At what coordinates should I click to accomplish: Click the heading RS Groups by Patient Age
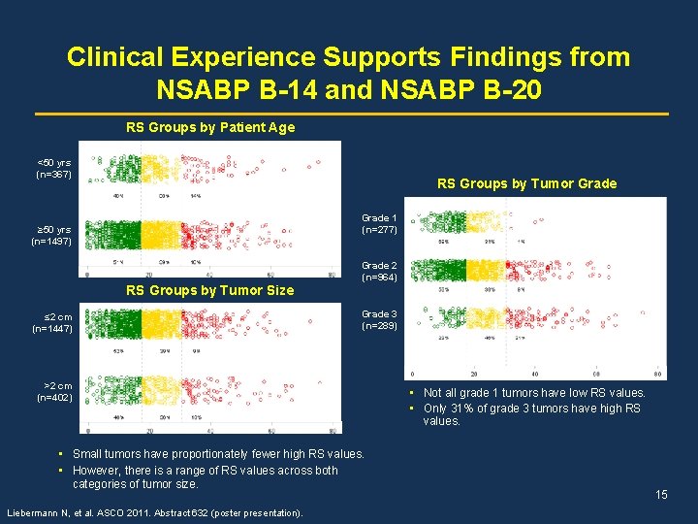pyautogui.click(x=210, y=127)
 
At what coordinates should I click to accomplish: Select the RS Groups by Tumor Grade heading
pyautogui.click(x=526, y=183)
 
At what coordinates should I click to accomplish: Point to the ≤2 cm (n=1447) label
pyautogui.click(x=53, y=323)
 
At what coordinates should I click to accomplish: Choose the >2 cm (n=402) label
pyautogui.click(x=54, y=391)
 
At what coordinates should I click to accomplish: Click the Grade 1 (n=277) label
pyautogui.click(x=379, y=224)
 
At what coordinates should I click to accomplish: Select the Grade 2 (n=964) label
pyautogui.click(x=379, y=272)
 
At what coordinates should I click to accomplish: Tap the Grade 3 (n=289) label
pyautogui.click(x=379, y=320)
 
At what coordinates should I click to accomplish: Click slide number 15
pyautogui.click(x=661, y=495)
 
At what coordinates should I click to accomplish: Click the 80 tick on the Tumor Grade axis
pyautogui.click(x=658, y=375)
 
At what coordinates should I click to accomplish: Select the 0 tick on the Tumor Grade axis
pyautogui.click(x=414, y=375)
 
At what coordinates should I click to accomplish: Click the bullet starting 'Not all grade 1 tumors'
pyautogui.click(x=533, y=393)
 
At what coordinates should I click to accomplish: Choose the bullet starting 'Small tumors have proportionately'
pyautogui.click(x=218, y=454)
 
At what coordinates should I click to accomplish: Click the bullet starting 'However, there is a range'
pyautogui.click(x=205, y=476)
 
